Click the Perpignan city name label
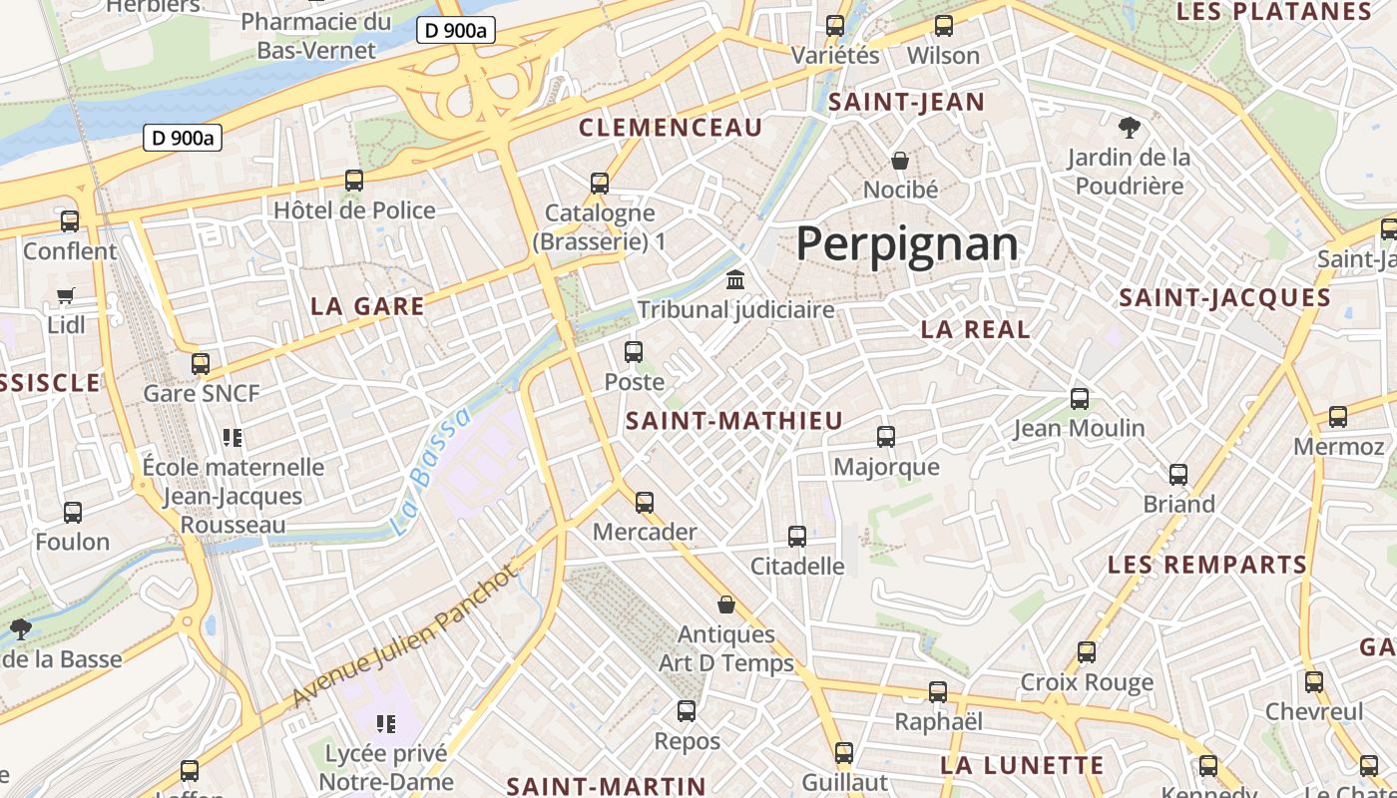(907, 243)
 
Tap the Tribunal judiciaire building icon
(735, 279)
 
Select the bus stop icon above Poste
(634, 351)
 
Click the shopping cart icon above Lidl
(66, 295)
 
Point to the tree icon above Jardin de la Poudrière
(1130, 127)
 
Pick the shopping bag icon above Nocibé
(900, 160)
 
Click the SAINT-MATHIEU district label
(734, 421)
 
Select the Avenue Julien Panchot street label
(407, 635)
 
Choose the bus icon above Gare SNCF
(201, 363)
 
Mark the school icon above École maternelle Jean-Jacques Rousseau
(233, 437)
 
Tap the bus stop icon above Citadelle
(796, 537)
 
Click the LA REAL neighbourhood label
(975, 330)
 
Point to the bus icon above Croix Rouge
(1087, 652)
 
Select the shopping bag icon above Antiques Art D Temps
(726, 604)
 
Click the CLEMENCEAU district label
(671, 128)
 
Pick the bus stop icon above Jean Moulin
(1079, 399)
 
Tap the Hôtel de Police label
(354, 210)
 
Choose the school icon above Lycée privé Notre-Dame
(386, 723)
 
